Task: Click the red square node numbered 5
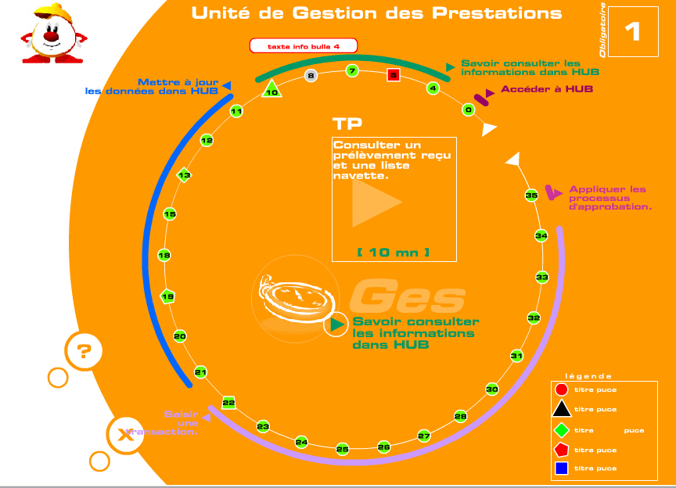[x=394, y=76]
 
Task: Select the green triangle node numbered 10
[x=271, y=90]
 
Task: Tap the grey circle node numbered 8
[x=311, y=76]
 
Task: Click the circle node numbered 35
[x=531, y=195]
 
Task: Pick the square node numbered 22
[x=228, y=403]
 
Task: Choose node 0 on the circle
[x=468, y=110]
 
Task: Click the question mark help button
[x=84, y=351]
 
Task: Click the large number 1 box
[x=632, y=32]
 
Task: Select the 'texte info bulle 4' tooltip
[x=303, y=46]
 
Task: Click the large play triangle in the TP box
[x=376, y=201]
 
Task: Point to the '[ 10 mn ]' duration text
[x=393, y=252]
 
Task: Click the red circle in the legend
[x=561, y=389]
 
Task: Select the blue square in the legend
[x=561, y=468]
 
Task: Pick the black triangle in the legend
[x=561, y=409]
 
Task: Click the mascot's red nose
[x=50, y=36]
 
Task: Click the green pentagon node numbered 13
[x=185, y=175]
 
